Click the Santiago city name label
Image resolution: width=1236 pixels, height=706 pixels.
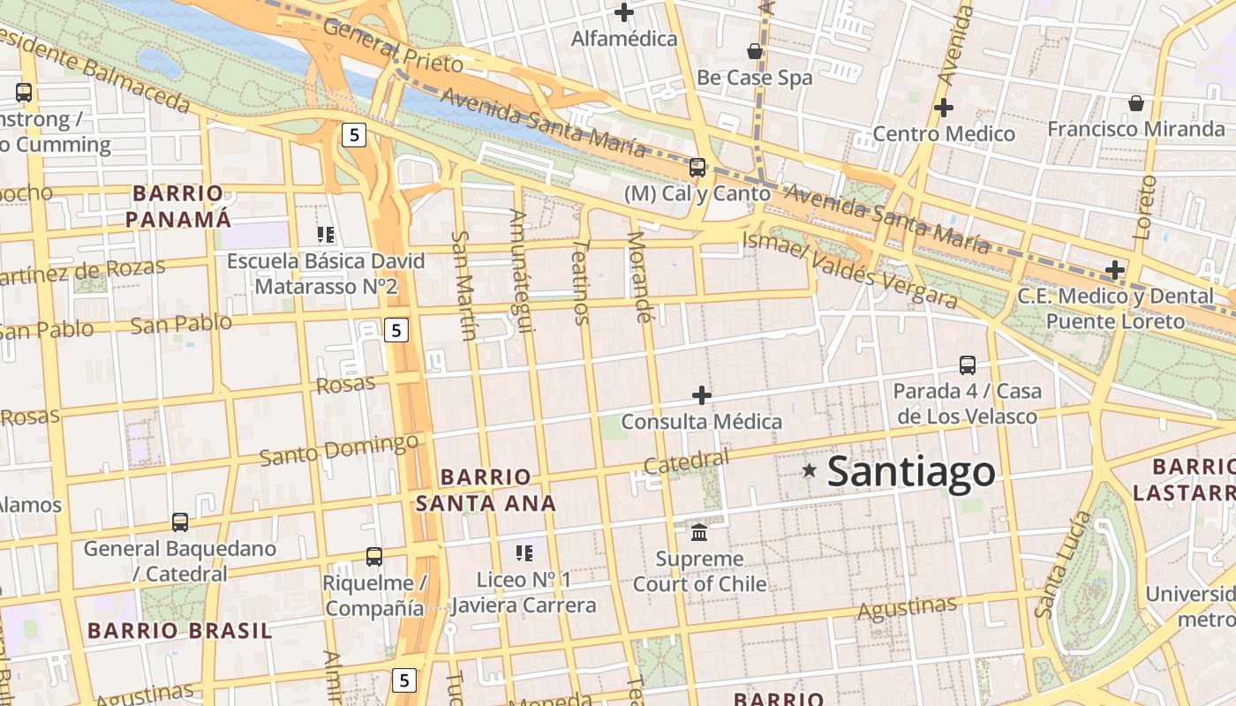911,471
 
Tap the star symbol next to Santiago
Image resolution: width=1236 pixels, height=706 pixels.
810,470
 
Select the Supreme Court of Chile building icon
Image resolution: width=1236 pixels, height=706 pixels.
700,532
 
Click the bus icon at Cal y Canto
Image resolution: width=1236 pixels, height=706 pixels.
697,167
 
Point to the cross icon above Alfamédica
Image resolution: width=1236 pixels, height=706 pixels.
625,12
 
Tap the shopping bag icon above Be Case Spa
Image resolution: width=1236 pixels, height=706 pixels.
755,52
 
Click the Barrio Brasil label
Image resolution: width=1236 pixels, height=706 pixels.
180,630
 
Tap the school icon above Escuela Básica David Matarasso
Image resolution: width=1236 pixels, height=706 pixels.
326,235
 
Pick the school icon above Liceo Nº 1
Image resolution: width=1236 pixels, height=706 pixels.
524,553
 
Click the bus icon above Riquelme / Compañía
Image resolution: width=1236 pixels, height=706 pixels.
374,557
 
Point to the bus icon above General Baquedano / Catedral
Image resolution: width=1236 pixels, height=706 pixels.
180,522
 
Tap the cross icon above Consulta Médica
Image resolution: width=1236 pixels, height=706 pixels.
702,394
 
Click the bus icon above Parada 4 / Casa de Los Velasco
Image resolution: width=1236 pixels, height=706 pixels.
968,364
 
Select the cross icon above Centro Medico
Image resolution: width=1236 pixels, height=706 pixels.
944,109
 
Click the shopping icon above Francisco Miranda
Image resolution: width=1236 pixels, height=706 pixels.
1136,103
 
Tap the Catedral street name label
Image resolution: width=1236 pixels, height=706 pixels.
687,462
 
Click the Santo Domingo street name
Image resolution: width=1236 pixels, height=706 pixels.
339,449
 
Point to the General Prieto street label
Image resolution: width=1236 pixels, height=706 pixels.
393,46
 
